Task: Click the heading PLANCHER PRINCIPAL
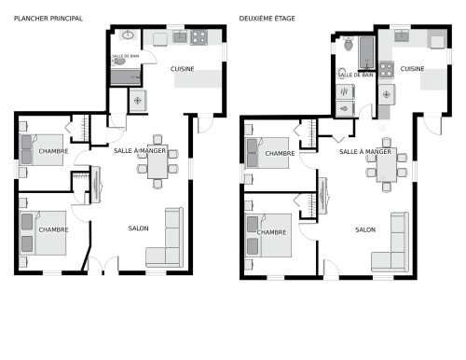[48, 18]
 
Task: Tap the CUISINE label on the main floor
[183, 69]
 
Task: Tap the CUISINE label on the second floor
[413, 69]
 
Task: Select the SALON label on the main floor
[139, 228]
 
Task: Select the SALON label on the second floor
[365, 228]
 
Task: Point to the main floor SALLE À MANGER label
[140, 150]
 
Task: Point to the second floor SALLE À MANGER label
[364, 151]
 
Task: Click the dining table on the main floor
[157, 163]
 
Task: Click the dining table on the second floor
[387, 165]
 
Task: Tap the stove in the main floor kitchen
[199, 38]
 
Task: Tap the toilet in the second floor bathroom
[348, 44]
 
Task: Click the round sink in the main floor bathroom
[128, 35]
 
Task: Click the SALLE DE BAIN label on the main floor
[126, 56]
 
